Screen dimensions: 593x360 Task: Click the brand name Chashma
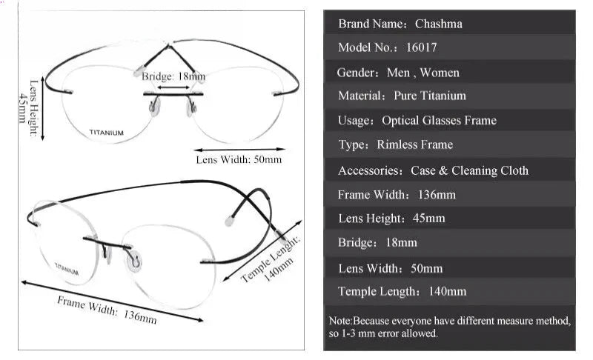[438, 24]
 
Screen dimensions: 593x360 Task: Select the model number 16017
[421, 47]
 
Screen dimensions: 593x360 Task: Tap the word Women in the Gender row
[440, 72]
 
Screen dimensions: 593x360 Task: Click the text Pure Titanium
[430, 96]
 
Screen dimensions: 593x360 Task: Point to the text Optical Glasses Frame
[439, 121]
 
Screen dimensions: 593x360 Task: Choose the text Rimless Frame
[415, 144]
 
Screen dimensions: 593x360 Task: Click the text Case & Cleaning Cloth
[470, 170]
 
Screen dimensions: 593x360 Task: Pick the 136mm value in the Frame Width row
[437, 195]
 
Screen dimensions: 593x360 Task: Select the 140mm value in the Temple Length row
[448, 291]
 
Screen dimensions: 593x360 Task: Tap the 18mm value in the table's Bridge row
[401, 242]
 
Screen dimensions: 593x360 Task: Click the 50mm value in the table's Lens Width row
[427, 268]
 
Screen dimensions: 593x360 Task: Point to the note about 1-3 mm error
[449, 327]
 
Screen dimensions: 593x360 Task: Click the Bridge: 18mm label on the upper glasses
[173, 77]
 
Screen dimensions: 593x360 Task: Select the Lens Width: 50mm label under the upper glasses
[239, 159]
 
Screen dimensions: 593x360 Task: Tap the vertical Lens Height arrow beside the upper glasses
[42, 108]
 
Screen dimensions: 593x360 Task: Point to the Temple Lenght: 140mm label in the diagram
[271, 260]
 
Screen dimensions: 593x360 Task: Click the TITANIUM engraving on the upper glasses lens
[106, 133]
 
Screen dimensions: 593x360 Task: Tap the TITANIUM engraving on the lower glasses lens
[67, 269]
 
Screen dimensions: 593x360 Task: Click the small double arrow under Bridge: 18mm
[173, 87]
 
